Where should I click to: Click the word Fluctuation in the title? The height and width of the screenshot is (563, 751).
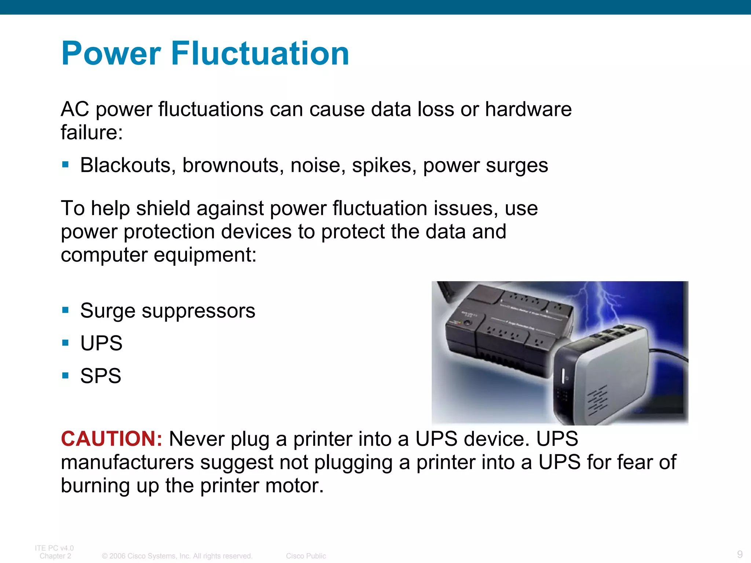(260, 54)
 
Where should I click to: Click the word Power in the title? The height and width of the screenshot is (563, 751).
(111, 54)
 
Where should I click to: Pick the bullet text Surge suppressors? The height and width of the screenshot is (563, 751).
(168, 311)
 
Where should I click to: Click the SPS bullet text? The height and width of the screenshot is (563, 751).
(100, 376)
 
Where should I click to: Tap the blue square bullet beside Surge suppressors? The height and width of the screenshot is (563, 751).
(66, 310)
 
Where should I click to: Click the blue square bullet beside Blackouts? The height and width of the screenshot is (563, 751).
(66, 165)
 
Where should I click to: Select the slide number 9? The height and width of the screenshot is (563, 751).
(740, 554)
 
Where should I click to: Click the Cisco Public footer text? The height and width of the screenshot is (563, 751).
(306, 556)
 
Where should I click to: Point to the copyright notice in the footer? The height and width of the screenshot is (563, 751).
(177, 556)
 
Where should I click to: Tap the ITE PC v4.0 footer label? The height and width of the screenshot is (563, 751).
(54, 548)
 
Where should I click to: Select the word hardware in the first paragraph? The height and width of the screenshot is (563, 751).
(528, 109)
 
